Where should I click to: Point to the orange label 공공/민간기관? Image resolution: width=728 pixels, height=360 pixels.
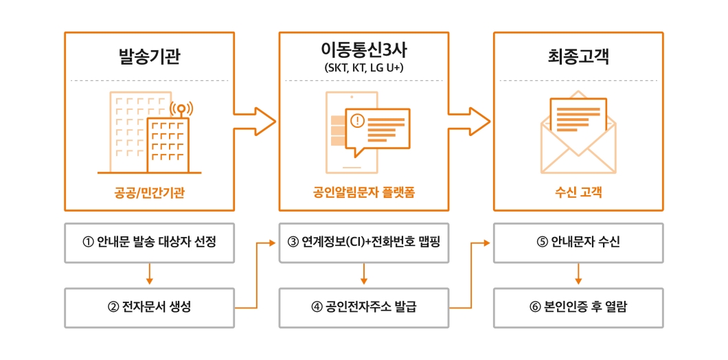149,192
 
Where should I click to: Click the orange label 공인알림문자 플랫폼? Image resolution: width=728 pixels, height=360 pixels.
363,192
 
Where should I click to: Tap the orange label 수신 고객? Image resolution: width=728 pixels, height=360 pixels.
578,192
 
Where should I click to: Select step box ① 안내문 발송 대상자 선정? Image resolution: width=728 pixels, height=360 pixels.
149,243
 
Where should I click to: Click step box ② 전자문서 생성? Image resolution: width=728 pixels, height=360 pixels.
149,307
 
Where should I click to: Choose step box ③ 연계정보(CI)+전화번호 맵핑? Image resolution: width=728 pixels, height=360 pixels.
363,243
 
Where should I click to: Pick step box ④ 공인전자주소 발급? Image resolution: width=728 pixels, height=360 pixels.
363,307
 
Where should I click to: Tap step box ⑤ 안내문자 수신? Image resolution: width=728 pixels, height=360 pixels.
578,243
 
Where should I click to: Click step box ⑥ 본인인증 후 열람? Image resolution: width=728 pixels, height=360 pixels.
578,307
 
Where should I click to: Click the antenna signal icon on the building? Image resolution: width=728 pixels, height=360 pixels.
181,110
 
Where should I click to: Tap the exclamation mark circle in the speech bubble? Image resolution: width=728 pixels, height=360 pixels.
356,122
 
